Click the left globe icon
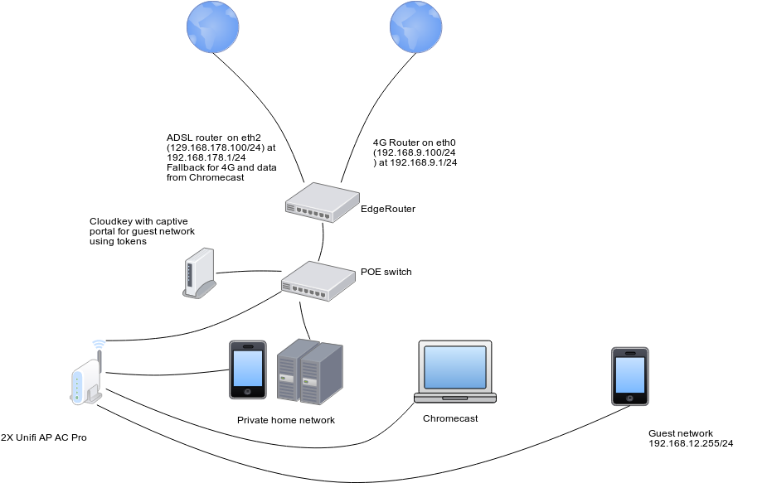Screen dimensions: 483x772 click(213, 27)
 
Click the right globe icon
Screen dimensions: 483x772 click(416, 27)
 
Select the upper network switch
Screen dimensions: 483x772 click(322, 202)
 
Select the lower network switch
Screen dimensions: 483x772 click(318, 281)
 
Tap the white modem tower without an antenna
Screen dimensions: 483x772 click(199, 271)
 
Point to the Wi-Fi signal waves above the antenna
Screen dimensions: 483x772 click(100, 343)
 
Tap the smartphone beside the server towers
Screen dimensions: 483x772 click(248, 369)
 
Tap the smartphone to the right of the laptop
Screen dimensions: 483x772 click(630, 376)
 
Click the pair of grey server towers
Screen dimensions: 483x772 click(309, 371)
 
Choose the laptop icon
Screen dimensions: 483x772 click(455, 371)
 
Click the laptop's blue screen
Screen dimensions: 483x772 click(455, 366)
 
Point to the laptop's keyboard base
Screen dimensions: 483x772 click(455, 398)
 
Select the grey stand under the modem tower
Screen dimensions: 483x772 click(201, 290)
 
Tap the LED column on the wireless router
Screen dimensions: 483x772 click(78, 385)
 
